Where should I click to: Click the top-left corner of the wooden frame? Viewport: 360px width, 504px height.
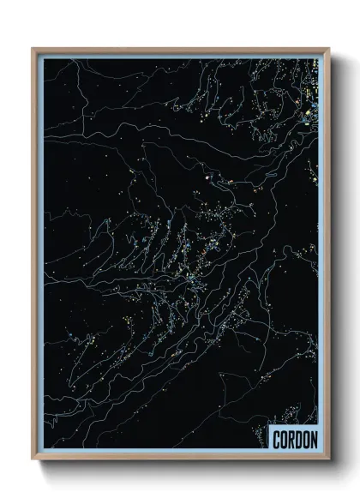click(x=33, y=48)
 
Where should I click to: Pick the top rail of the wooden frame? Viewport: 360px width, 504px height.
click(x=181, y=49)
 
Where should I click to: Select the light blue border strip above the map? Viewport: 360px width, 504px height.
click(x=181, y=56)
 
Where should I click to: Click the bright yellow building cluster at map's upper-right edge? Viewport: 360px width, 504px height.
click(x=314, y=94)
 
